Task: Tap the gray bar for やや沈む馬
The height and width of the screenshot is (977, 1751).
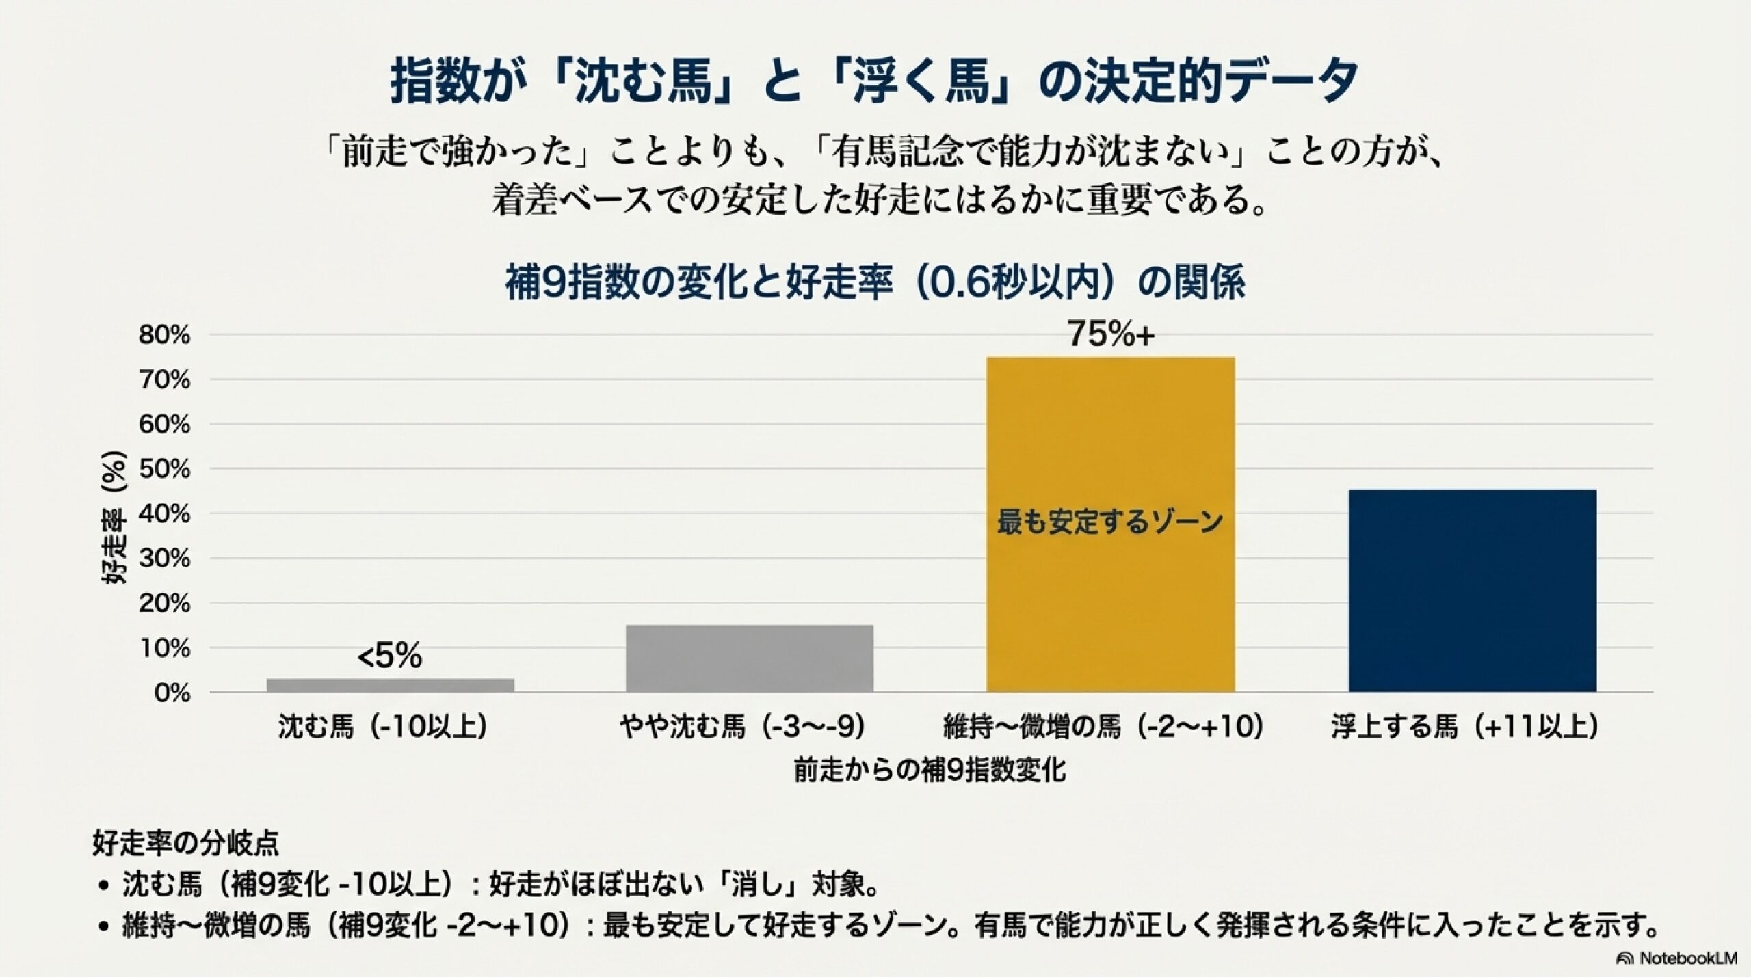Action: click(x=749, y=658)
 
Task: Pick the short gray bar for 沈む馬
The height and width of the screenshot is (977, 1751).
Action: click(x=390, y=685)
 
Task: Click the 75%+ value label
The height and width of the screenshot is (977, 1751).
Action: click(x=1111, y=334)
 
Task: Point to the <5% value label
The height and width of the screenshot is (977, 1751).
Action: click(x=390, y=657)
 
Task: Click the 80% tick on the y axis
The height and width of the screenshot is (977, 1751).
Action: click(x=164, y=335)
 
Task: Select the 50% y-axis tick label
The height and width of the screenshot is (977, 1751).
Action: click(x=164, y=470)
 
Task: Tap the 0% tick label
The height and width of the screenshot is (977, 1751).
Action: click(x=172, y=693)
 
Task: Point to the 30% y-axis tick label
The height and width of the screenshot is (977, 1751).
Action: click(x=164, y=559)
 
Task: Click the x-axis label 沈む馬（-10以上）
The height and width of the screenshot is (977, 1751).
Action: click(x=383, y=727)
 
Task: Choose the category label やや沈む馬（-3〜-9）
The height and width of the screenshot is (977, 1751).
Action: click(x=743, y=727)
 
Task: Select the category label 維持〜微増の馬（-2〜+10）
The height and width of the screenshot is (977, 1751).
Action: click(x=1103, y=727)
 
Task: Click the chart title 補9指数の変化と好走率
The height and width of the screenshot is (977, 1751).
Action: click(x=875, y=282)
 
